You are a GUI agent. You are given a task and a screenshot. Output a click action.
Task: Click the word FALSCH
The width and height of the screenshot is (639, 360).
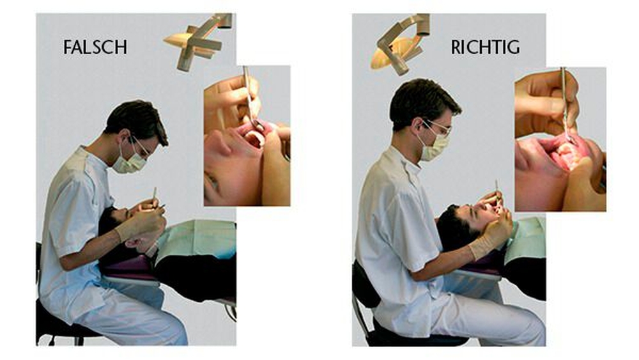point(95,47)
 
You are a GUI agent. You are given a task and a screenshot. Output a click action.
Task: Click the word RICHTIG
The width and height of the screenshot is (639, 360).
point(485,47)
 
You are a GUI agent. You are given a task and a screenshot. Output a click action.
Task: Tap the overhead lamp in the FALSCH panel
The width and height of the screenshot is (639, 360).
point(197,41)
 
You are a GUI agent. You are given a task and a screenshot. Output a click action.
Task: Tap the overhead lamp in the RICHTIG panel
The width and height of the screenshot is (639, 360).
point(400,45)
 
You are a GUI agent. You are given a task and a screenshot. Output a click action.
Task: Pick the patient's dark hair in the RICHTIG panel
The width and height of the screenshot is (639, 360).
point(454,229)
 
